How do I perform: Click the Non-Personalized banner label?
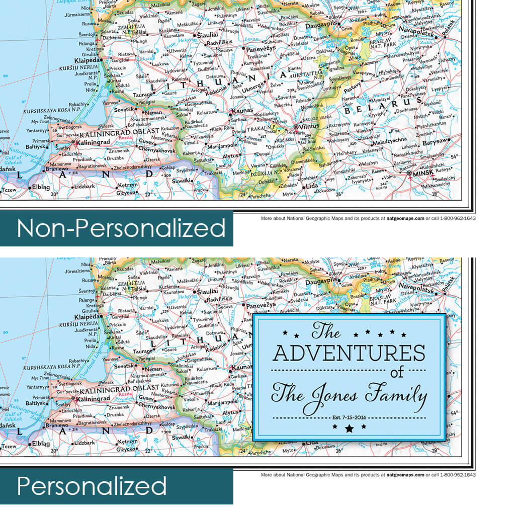click(x=121, y=228)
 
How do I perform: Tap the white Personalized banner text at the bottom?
click(x=92, y=486)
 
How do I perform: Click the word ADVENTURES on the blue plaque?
click(x=349, y=353)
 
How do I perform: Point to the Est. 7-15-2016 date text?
click(x=349, y=417)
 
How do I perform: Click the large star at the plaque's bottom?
click(x=349, y=428)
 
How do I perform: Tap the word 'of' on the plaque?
click(x=397, y=373)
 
